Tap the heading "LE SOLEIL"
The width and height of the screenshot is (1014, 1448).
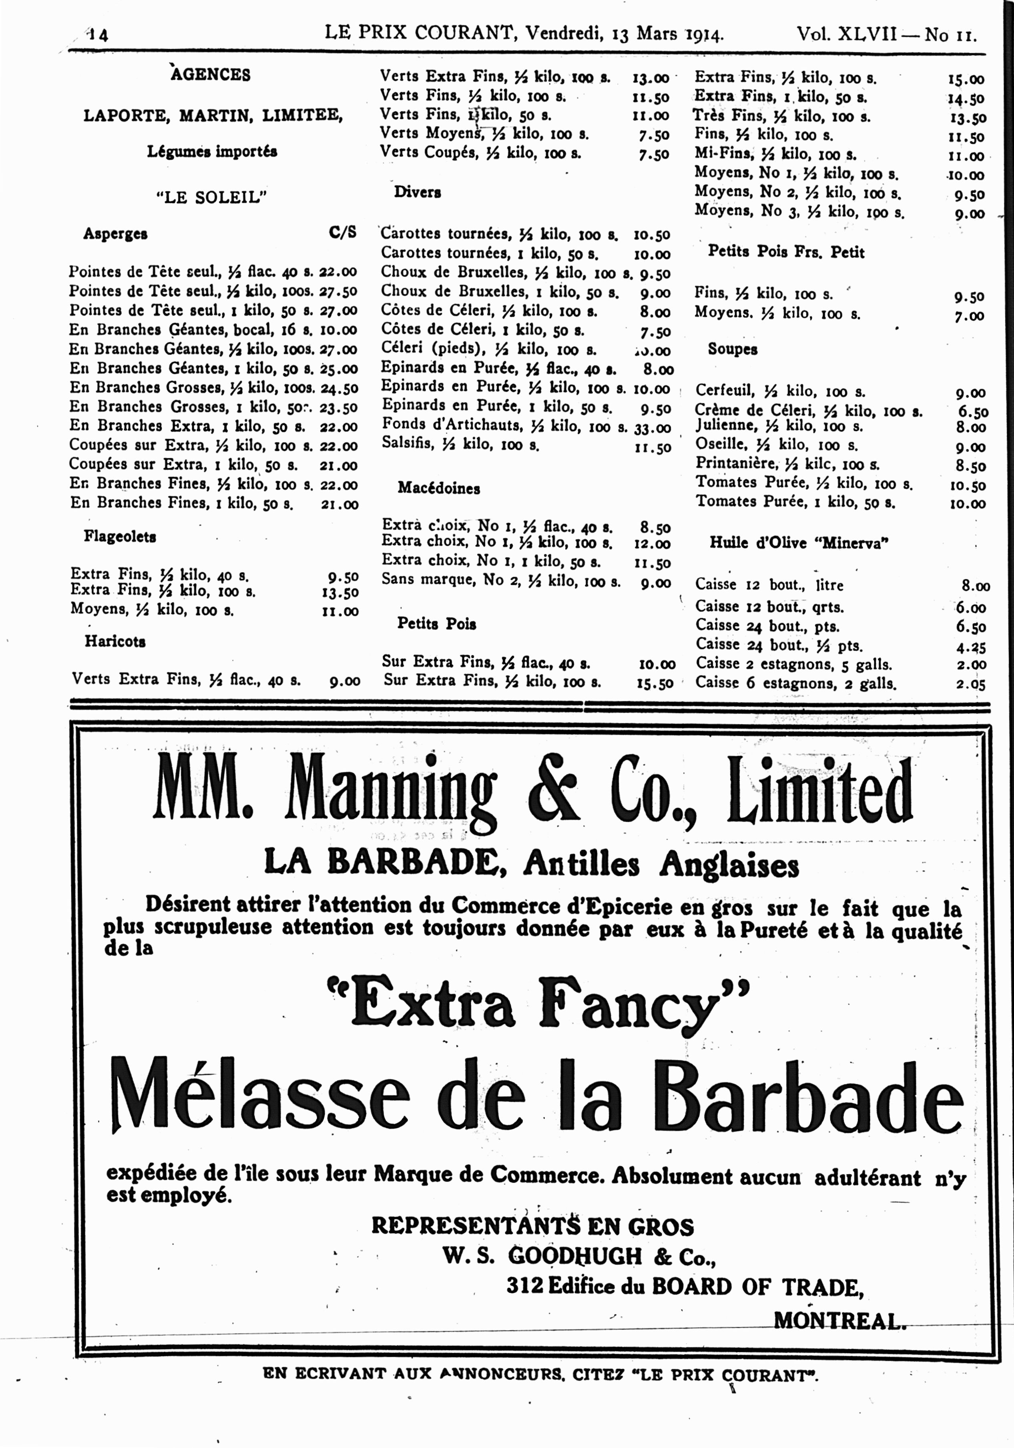[x=211, y=197]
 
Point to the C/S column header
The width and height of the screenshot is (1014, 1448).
[x=343, y=233]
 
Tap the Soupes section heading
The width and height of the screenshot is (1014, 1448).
[x=733, y=349]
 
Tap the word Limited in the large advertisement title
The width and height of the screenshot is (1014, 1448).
[x=820, y=791]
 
